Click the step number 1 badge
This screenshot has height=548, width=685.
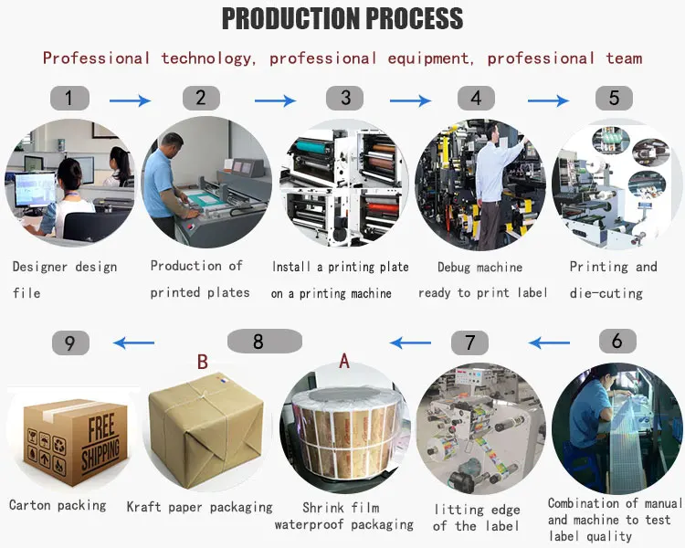pos(70,98)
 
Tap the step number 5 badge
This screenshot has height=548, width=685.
pos(614,98)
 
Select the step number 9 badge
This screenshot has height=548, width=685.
pos(70,343)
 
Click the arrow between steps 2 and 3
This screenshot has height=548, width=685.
pos(275,101)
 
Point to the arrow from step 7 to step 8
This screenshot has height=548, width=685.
pos(411,342)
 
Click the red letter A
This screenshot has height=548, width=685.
pos(344,361)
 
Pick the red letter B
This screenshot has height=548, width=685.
pos(202,362)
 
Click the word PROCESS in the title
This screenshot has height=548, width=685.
pos(414,18)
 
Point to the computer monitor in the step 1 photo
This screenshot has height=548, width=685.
pos(35,190)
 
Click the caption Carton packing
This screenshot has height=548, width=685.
pos(58,506)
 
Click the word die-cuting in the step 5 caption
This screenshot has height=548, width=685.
pos(606,293)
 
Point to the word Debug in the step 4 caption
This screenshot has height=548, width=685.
pos(454,268)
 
